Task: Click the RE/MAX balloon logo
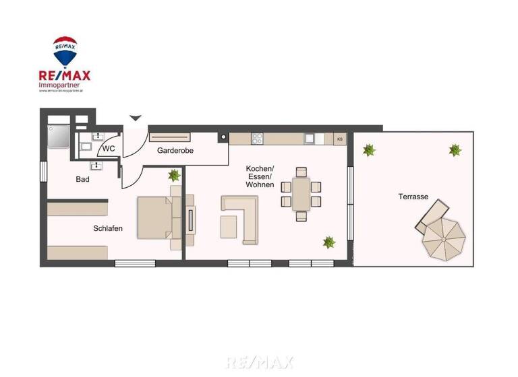(x=65, y=52)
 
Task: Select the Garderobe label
(x=175, y=151)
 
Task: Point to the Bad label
(x=82, y=179)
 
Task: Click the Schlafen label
(x=108, y=229)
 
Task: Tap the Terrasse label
(x=412, y=197)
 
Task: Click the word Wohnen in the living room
(x=260, y=184)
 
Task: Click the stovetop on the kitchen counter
(x=257, y=139)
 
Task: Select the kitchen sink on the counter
(x=309, y=139)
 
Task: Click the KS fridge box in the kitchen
(x=340, y=139)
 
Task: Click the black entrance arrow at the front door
(x=136, y=118)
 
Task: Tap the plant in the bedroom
(x=174, y=176)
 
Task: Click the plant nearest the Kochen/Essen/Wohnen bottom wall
(x=329, y=242)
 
